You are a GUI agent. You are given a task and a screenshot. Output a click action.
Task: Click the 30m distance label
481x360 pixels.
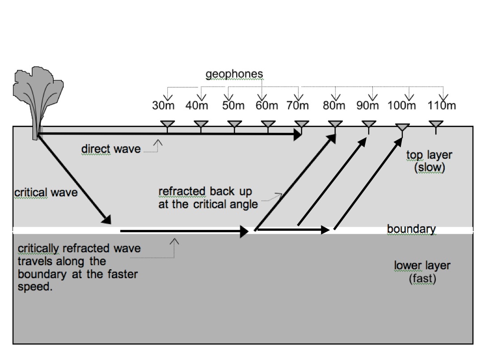click(162, 106)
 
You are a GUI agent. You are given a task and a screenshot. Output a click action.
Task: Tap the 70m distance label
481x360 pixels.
click(297, 106)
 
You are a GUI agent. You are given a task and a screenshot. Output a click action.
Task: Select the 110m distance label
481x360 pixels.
click(441, 106)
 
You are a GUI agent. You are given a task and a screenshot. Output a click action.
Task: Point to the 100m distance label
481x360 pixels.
click(401, 106)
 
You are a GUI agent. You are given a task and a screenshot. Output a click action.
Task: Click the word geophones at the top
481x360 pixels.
click(234, 74)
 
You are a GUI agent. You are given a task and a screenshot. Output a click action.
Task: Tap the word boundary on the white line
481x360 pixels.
click(411, 229)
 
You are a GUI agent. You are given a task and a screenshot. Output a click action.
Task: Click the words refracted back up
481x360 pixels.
click(205, 192)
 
